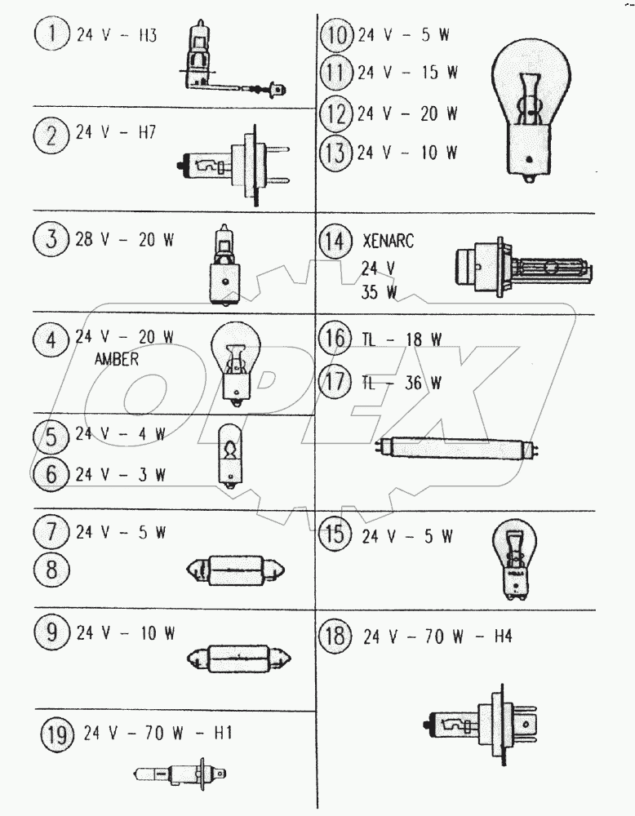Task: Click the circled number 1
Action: (x=52, y=35)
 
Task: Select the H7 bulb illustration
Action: (x=233, y=165)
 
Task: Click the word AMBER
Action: (x=117, y=359)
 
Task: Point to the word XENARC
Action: (x=388, y=241)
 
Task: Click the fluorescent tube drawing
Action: (x=457, y=448)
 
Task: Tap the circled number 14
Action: (x=335, y=242)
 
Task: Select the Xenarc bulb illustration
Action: (x=524, y=268)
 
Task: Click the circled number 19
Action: (x=58, y=735)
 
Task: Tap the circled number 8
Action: (x=51, y=569)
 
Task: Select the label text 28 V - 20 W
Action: (x=125, y=240)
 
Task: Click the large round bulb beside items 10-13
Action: (x=531, y=111)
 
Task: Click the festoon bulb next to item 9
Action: (x=239, y=659)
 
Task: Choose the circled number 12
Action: (x=335, y=113)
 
